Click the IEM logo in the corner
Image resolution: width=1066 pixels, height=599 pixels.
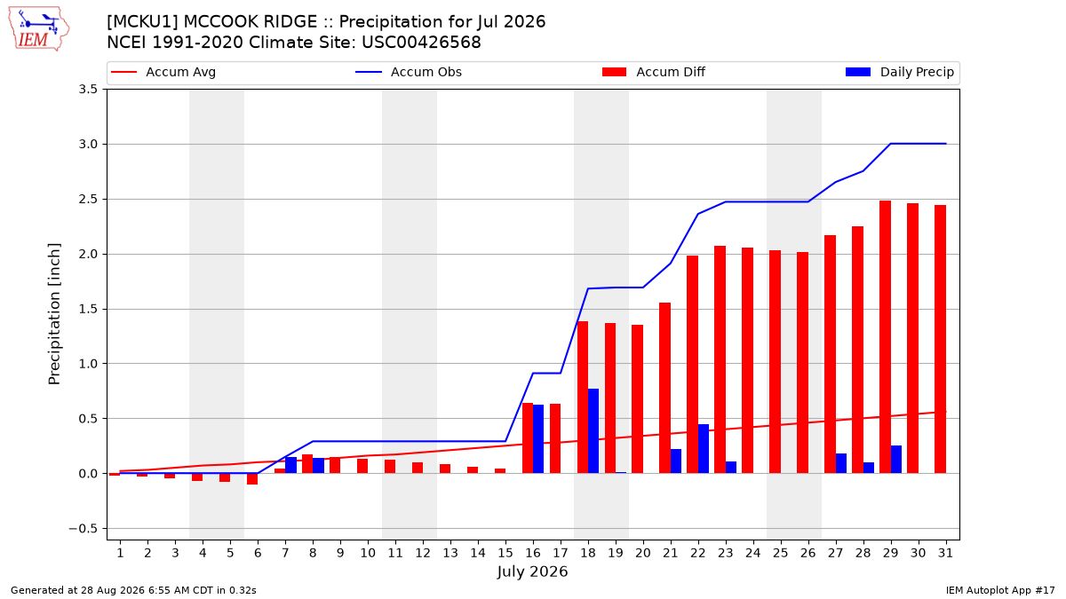39,29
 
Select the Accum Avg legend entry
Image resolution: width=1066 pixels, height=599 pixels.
163,72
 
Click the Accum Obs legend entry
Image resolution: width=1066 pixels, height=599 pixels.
409,72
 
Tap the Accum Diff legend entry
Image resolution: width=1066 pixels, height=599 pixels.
654,72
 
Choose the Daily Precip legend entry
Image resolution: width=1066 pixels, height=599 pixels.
899,72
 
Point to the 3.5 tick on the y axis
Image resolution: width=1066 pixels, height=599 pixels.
88,90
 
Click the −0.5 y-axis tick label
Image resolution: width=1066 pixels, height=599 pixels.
83,529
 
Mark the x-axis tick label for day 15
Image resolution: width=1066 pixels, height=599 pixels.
505,553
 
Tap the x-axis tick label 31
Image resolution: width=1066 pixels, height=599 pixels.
945,553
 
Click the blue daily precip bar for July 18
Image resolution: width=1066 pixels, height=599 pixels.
593,430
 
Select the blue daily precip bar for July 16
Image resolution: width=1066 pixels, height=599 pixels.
538,438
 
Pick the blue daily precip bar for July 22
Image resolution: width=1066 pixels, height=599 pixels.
704,449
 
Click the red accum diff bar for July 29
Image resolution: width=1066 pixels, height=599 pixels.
885,337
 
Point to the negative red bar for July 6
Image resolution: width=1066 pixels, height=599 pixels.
252,478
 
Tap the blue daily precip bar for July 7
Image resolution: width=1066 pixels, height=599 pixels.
290,465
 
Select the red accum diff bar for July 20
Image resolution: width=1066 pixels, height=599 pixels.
637,399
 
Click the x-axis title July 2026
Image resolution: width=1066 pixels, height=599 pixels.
532,571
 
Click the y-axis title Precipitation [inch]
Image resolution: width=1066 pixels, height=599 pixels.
54,314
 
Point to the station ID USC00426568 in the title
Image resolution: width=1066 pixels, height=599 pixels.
421,43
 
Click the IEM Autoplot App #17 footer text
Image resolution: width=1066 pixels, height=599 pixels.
1000,590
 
